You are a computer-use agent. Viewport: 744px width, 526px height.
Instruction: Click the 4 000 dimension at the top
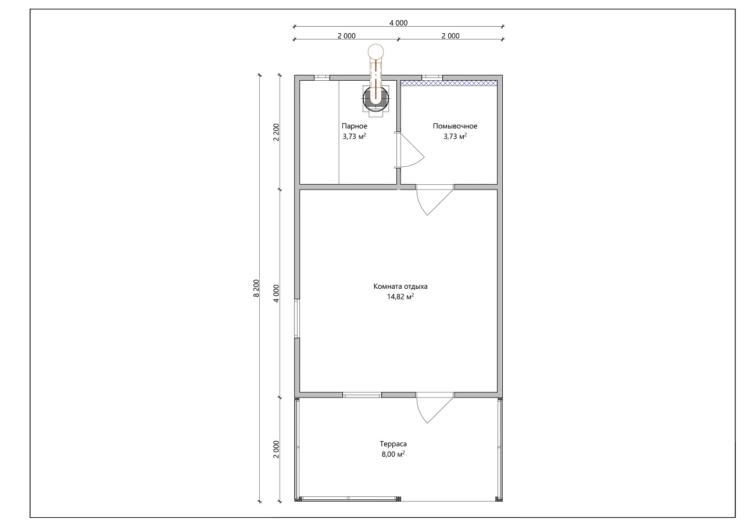(x=398, y=23)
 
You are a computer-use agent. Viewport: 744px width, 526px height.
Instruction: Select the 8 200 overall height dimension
(x=256, y=288)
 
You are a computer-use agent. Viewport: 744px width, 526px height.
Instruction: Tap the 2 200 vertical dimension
(x=276, y=132)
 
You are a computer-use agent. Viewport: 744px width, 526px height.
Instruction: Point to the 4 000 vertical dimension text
(x=276, y=294)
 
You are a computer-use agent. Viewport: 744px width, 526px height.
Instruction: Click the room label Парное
(x=355, y=126)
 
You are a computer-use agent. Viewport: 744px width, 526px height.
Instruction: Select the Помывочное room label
(x=455, y=126)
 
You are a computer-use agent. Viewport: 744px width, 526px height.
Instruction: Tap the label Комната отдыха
(x=400, y=286)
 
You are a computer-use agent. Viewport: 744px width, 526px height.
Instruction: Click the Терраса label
(x=394, y=443)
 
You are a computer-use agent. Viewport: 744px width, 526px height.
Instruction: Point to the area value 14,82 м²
(x=400, y=296)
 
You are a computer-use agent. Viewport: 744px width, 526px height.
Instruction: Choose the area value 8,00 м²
(x=394, y=454)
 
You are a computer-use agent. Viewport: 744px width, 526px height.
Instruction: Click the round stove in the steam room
(x=375, y=98)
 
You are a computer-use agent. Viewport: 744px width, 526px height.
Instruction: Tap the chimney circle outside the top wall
(x=375, y=52)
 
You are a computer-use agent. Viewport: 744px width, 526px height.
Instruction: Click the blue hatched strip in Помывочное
(x=449, y=83)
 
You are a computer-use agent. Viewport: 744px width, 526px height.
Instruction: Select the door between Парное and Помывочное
(x=409, y=150)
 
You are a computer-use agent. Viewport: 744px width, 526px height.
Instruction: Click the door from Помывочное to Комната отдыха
(x=434, y=199)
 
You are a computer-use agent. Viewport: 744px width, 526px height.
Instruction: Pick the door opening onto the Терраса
(x=434, y=408)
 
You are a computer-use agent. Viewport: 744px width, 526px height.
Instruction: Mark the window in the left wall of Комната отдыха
(x=297, y=319)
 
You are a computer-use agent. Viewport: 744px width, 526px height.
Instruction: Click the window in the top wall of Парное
(x=322, y=78)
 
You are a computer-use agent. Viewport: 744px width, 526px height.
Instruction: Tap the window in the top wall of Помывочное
(x=432, y=78)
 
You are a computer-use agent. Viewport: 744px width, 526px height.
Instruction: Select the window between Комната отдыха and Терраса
(x=362, y=395)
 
